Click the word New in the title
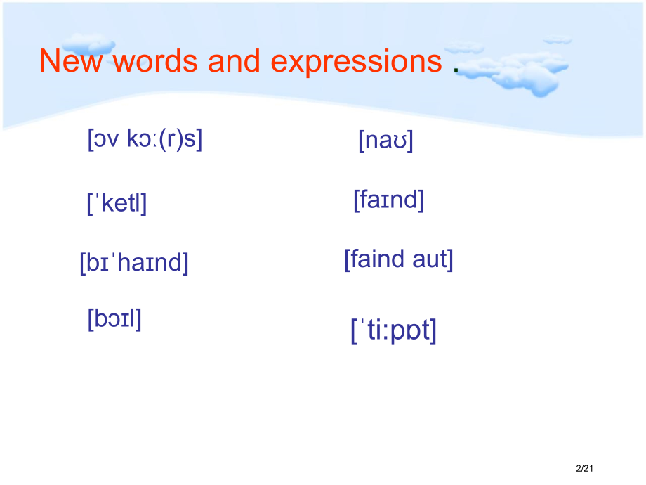[70, 61]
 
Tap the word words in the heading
[155, 61]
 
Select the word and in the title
[234, 61]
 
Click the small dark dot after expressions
[456, 70]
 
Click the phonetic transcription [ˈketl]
[117, 203]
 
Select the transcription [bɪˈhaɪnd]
[134, 263]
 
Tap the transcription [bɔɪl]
[114, 319]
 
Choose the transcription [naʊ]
[385, 141]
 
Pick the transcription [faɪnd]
[388, 200]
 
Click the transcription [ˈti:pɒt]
[393, 331]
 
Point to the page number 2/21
[584, 469]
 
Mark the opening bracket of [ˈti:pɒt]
[353, 332]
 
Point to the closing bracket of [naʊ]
[410, 141]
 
